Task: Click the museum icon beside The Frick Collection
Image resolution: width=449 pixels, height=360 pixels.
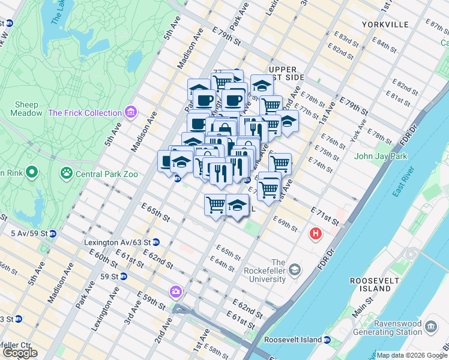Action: click(x=130, y=112)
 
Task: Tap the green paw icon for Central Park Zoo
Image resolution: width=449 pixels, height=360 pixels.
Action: click(x=65, y=174)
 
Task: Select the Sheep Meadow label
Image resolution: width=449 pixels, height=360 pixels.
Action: click(x=26, y=108)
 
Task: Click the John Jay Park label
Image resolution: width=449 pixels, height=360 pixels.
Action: click(x=381, y=157)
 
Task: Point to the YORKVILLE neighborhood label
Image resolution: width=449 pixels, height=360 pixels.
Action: click(x=385, y=25)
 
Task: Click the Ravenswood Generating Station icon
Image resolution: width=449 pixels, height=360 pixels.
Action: click(x=430, y=326)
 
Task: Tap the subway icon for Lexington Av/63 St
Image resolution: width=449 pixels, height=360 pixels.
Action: click(x=156, y=242)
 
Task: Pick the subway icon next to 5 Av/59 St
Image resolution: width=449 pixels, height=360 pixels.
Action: click(x=52, y=233)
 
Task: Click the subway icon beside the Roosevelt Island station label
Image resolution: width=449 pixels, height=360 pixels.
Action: click(x=327, y=340)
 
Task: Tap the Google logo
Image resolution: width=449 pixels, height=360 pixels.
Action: click(x=20, y=353)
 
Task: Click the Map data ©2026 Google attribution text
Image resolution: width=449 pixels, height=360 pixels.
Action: click(x=411, y=355)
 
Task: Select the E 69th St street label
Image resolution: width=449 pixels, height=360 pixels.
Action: click(x=286, y=224)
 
